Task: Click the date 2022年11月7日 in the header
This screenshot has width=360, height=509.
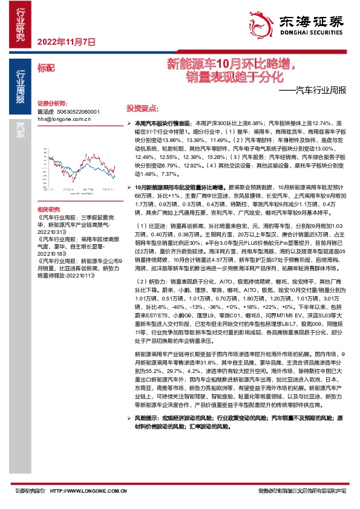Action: point(67,42)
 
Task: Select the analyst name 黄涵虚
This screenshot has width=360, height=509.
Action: point(45,112)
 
